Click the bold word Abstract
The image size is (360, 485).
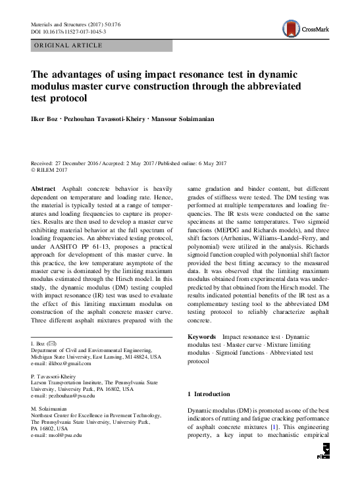click(43, 189)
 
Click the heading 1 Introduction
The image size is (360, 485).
click(209, 394)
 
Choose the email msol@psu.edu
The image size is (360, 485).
click(61, 436)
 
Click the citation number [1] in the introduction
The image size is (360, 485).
click(280, 428)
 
